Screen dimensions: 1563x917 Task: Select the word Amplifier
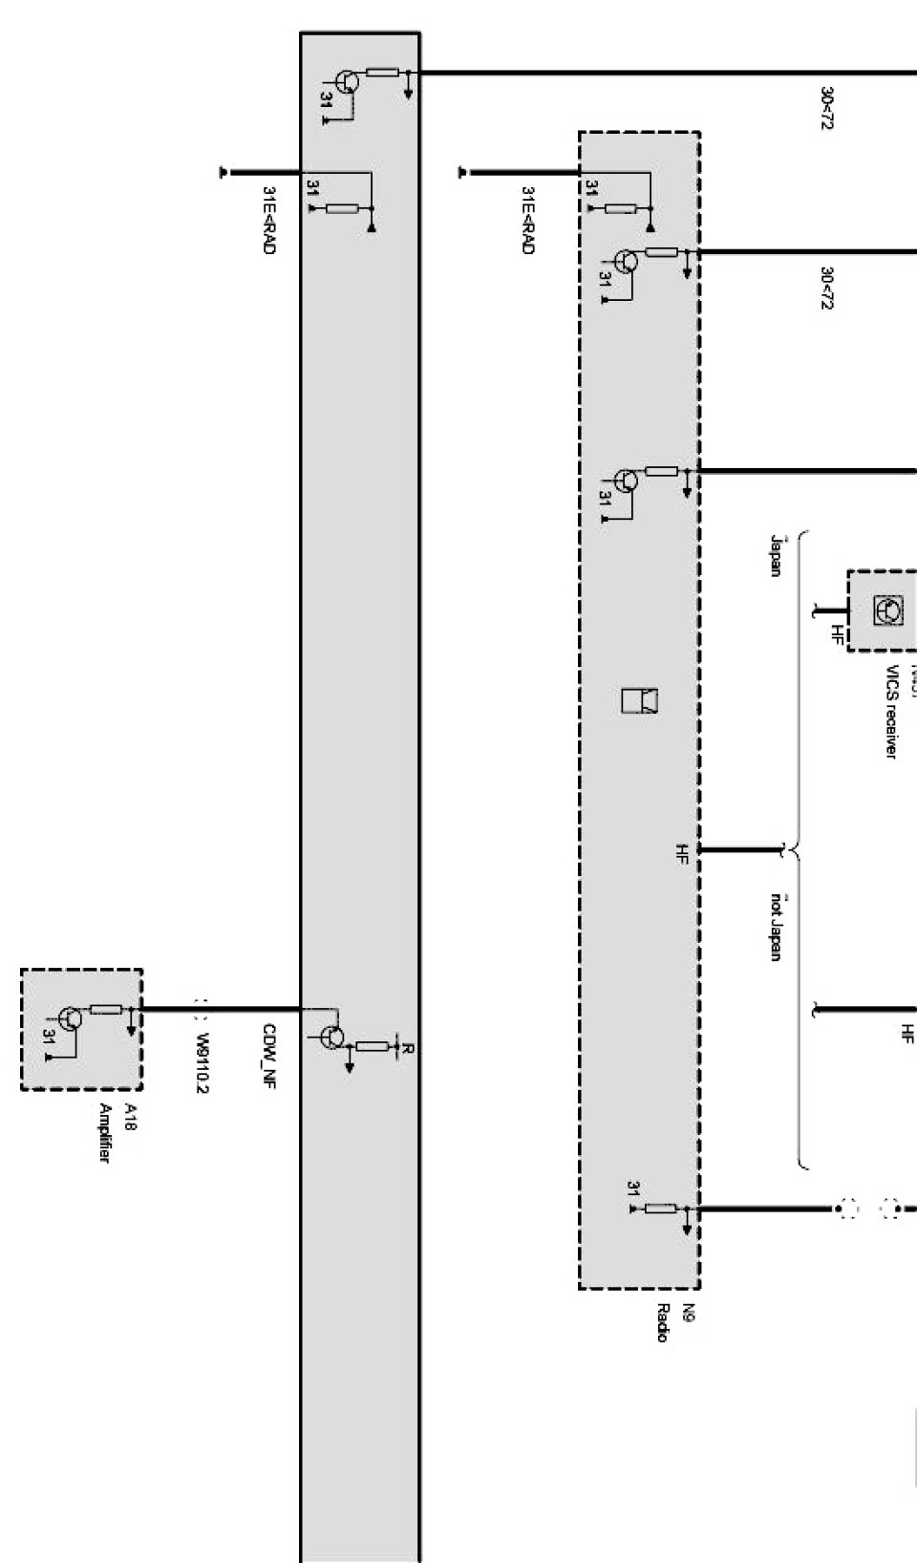coord(105,1133)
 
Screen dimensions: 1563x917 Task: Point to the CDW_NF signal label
coord(269,1056)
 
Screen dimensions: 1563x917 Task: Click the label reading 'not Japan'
coord(776,927)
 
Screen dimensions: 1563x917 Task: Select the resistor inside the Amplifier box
coord(106,1009)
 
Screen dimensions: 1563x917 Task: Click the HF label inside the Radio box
coord(682,851)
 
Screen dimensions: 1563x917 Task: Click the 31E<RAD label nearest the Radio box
coord(527,220)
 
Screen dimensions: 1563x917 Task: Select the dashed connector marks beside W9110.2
coord(201,1008)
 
